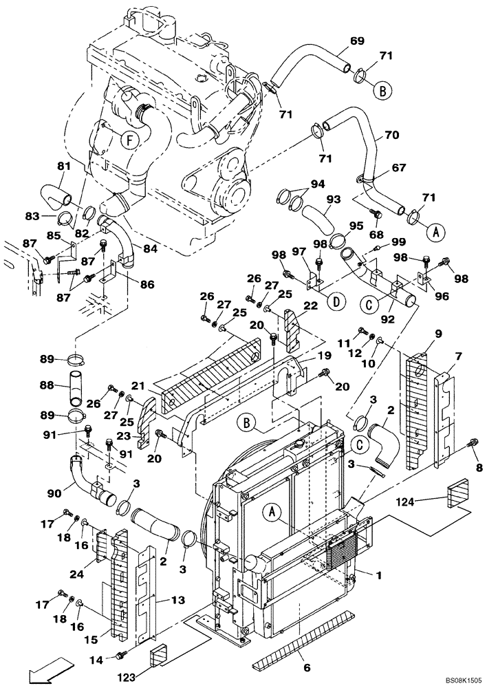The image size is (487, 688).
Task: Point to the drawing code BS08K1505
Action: [451, 680]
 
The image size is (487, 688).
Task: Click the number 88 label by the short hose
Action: [46, 385]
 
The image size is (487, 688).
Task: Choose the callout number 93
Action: [334, 200]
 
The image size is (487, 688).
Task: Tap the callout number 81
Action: [64, 166]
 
